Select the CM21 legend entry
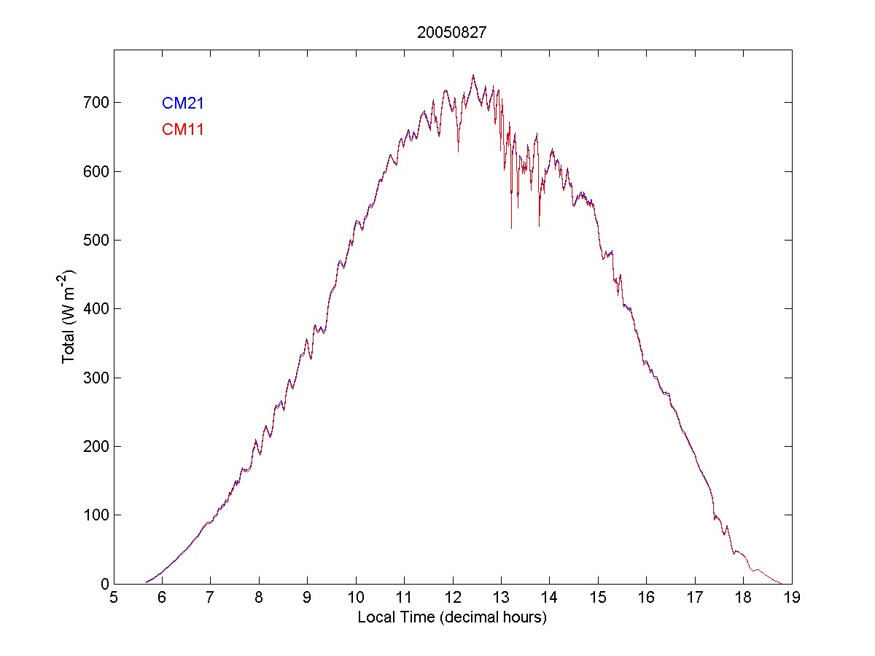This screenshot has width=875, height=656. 182,104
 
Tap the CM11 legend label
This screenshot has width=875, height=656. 182,130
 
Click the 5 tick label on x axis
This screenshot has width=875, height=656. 114,598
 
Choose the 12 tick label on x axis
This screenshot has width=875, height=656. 452,598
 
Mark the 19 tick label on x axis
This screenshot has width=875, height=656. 791,598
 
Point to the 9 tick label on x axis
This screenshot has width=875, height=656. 307,598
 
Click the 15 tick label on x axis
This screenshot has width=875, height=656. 598,598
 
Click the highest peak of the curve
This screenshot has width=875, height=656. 473,75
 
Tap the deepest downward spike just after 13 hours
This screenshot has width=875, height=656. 511,227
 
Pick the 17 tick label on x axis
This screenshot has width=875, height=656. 694,598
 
